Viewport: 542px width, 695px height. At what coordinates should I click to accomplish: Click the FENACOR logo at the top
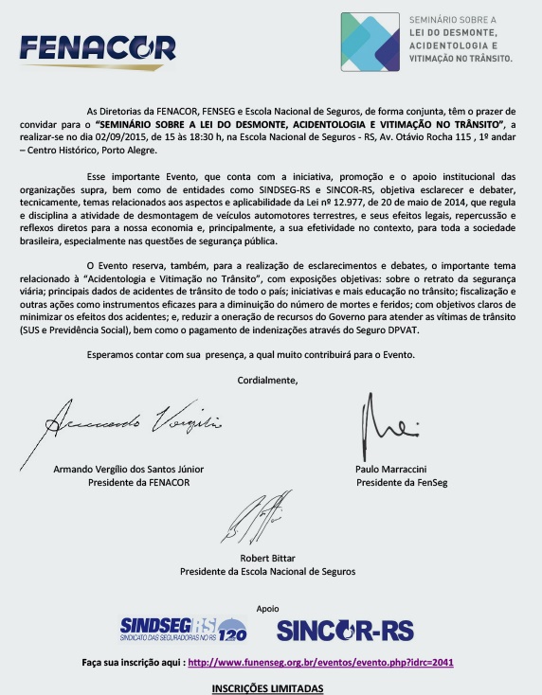pyautogui.click(x=97, y=47)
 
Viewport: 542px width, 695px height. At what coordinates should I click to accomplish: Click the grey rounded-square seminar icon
pyautogui.click(x=370, y=41)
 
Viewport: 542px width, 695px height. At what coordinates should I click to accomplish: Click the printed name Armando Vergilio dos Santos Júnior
pyautogui.click(x=128, y=469)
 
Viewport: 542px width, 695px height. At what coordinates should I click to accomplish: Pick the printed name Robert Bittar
pyautogui.click(x=268, y=558)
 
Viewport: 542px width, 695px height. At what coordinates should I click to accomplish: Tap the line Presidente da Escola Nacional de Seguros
pyautogui.click(x=268, y=571)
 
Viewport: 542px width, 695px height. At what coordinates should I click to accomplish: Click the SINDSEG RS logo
pyautogui.click(x=183, y=628)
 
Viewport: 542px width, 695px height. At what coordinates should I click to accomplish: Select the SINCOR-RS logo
pyautogui.click(x=345, y=628)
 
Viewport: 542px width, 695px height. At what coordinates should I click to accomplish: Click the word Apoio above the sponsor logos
pyautogui.click(x=267, y=608)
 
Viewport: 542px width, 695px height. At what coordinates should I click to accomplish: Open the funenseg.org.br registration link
pyautogui.click(x=320, y=662)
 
